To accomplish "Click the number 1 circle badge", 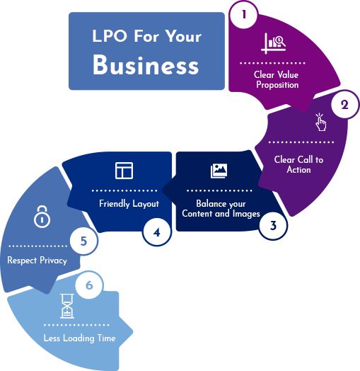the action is (x=243, y=15).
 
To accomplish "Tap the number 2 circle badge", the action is (x=344, y=104).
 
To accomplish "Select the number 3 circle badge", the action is (x=273, y=225).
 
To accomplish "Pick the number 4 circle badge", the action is (x=157, y=232).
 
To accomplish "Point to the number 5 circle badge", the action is (x=83, y=241).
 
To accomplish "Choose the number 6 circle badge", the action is (x=89, y=285).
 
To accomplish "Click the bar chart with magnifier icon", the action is (x=273, y=43).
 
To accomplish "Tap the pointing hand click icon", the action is (x=320, y=122).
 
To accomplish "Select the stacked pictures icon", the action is (x=219, y=171).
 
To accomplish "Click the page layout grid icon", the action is (x=124, y=171).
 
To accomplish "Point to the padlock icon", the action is (x=42, y=217).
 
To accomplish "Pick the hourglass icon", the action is (x=67, y=306).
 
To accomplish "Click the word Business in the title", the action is (x=146, y=65).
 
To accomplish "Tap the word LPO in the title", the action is (x=110, y=36).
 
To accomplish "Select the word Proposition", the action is (x=277, y=85).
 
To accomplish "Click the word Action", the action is (x=298, y=170).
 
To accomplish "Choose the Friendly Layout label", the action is (x=129, y=204).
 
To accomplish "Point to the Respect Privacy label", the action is (x=37, y=261).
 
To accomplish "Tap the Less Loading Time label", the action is (x=80, y=338).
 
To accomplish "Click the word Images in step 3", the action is (x=246, y=214).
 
